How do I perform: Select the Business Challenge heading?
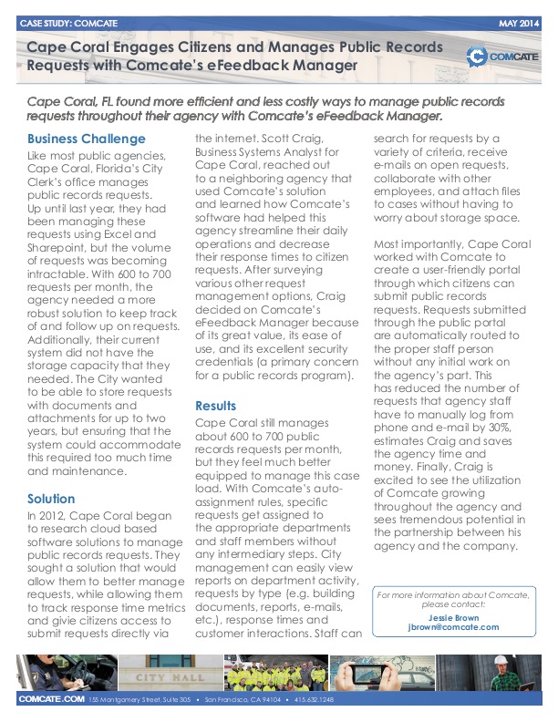(87, 139)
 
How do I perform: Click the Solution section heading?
(52, 500)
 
